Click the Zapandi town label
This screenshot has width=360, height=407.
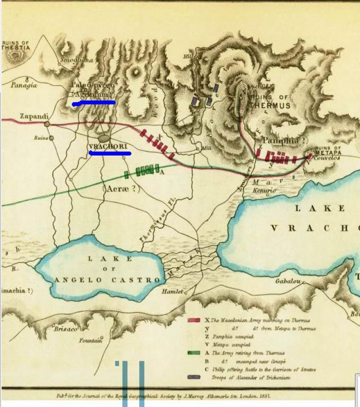pyautogui.click(x=34, y=116)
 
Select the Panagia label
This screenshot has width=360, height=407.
pyautogui.click(x=23, y=85)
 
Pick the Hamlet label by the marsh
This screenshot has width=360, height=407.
pyautogui.click(x=173, y=291)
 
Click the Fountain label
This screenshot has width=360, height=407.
pyautogui.click(x=90, y=340)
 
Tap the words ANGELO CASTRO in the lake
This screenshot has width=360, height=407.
pyautogui.click(x=107, y=280)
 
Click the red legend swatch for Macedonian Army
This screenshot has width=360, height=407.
pyautogui.click(x=193, y=320)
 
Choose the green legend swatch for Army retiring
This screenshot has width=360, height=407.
pyautogui.click(x=193, y=353)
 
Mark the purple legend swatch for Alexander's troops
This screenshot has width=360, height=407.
pyautogui.click(x=193, y=377)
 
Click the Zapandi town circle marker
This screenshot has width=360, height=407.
pyautogui.click(x=47, y=124)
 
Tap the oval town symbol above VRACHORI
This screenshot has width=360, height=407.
pyautogui.click(x=104, y=139)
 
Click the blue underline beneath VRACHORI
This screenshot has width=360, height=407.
pyautogui.click(x=110, y=153)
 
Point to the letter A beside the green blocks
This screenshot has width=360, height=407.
pyautogui.click(x=161, y=172)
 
